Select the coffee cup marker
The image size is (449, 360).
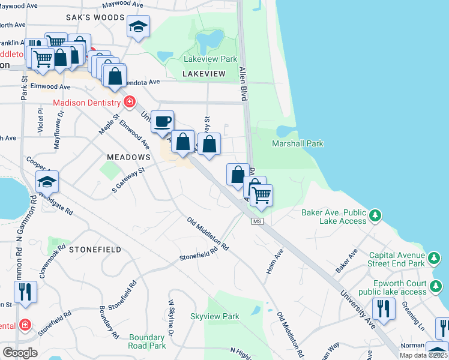[162, 122]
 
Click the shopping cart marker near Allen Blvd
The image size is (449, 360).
[261, 195]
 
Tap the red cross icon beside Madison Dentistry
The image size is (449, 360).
[128, 102]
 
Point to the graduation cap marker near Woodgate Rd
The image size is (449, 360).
[47, 181]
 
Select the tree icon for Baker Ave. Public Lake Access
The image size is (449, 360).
[375, 215]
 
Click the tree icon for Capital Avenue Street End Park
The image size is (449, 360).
[433, 259]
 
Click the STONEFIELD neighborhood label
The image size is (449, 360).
[95, 249]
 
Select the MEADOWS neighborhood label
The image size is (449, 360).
[128, 157]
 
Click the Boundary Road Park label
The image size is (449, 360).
[147, 341]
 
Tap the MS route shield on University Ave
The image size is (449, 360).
[258, 222]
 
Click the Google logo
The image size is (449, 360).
[20, 352]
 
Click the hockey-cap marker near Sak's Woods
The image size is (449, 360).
[138, 26]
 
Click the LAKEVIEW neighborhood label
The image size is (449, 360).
[204, 74]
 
